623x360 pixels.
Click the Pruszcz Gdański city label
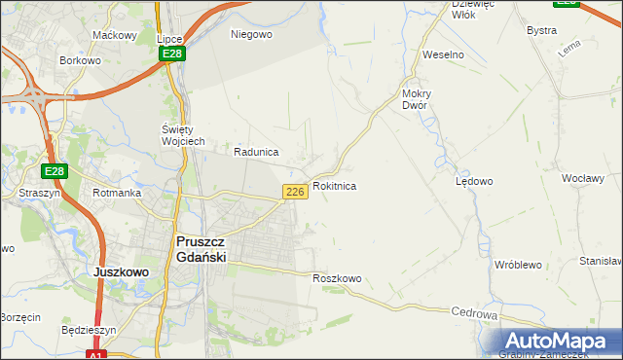(x=201, y=248)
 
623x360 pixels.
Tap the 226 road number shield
(x=296, y=192)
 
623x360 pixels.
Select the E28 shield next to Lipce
(x=172, y=54)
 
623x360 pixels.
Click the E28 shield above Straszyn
(x=55, y=171)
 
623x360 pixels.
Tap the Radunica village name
(x=256, y=152)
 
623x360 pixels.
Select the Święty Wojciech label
(x=182, y=135)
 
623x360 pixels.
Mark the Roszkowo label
(x=337, y=278)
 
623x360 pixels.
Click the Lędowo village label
(x=474, y=181)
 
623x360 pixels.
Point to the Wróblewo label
(x=517, y=264)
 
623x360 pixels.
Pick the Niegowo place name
(x=251, y=34)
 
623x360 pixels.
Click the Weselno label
(x=442, y=54)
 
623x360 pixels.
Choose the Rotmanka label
(x=117, y=193)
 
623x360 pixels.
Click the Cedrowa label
(x=475, y=314)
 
